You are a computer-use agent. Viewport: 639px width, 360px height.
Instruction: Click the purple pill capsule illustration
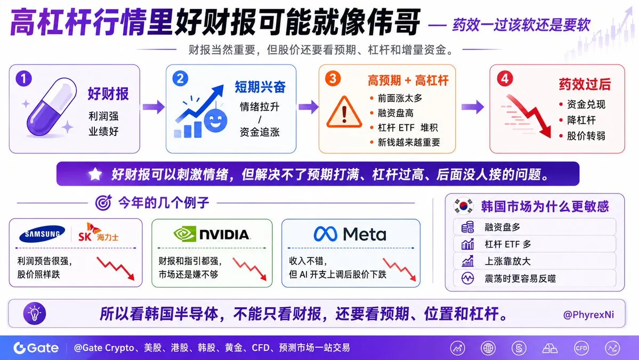pos(52,107)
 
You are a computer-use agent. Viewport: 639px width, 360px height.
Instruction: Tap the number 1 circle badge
pos(23,78)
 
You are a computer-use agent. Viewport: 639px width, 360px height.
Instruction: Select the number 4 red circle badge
pos(505,78)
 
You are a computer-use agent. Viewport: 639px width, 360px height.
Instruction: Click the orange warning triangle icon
pos(344,112)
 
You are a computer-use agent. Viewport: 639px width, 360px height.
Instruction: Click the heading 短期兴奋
pos(260,86)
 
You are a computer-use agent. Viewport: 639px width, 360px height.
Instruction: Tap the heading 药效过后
pos(585,84)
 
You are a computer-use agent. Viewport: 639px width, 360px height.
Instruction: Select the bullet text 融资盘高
pos(395,113)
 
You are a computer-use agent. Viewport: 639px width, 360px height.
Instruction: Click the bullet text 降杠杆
pos(581,121)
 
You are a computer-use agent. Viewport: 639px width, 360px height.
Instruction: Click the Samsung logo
pos(43,234)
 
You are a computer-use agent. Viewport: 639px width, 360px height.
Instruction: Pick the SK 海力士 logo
pos(98,233)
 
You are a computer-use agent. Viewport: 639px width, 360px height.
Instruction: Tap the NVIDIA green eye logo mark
pos(184,234)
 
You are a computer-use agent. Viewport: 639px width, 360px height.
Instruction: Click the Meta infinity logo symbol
pos(325,234)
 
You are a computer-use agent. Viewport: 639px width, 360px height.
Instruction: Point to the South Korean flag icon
pos(464,206)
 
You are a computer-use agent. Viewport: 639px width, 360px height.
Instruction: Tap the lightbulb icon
pos(35,314)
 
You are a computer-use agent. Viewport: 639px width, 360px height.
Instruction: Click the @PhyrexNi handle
pos(588,315)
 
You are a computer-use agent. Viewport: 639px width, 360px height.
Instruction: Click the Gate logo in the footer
pos(36,348)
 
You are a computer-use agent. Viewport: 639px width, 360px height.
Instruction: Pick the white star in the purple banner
pos(95,174)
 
